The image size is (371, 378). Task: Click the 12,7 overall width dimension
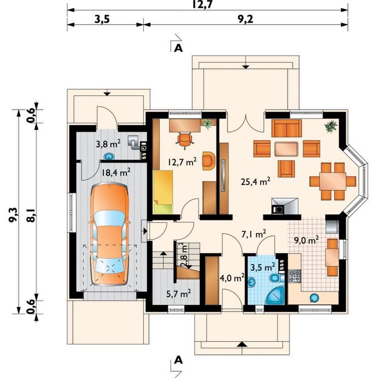coord(202,4)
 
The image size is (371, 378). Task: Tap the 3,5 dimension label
coord(102,19)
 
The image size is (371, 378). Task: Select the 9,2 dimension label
coord(246,19)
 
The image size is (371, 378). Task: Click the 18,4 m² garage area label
coord(116,172)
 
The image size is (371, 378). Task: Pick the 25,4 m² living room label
coord(255,181)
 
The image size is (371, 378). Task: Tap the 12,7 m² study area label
coord(183,162)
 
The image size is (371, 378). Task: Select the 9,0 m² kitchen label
coord(306,240)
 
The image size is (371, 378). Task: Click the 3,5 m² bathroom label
coord(263,267)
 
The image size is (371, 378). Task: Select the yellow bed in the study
coord(163,192)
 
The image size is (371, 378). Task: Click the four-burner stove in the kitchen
coord(294,276)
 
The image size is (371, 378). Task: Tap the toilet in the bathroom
coord(275,278)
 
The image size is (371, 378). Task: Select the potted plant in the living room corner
coord(331,126)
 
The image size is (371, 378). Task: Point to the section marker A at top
coord(179,48)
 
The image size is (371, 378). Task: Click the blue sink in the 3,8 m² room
coord(110,157)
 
